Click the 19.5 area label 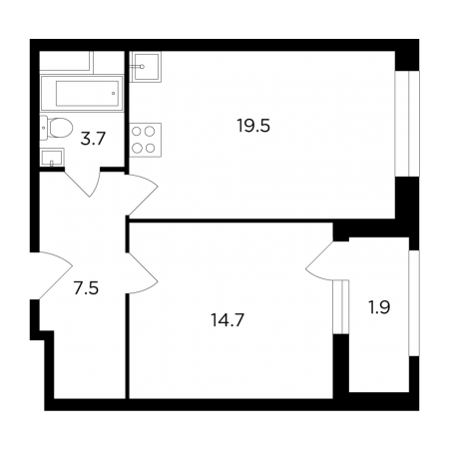pos(253,126)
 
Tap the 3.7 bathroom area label pos(93,139)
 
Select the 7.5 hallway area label pos(86,288)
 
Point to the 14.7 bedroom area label pos(227,320)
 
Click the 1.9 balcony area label pos(379,307)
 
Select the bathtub pos(82,93)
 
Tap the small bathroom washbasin pos(52,158)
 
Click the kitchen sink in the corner pos(146,67)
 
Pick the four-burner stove pos(146,140)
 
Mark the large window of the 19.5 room pos(407,123)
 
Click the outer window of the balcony pos(414,303)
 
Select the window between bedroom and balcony pos(340,306)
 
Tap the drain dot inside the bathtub pos(114,94)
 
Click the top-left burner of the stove pos(137,132)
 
